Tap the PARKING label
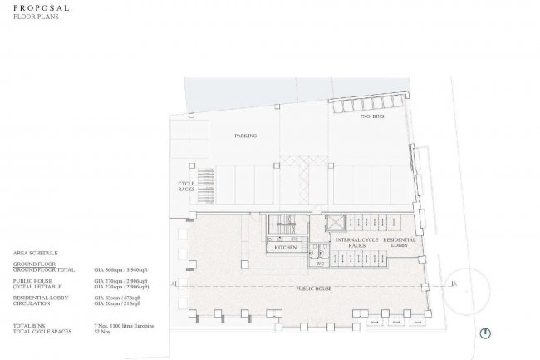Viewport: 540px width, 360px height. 245,135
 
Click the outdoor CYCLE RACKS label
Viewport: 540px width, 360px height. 186,185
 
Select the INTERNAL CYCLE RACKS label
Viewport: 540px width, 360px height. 357,243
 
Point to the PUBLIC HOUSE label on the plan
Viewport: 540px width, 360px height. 312,288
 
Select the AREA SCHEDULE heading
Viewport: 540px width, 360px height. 36,250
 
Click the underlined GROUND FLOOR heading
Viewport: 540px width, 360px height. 34,263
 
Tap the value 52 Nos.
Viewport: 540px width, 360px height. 102,331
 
